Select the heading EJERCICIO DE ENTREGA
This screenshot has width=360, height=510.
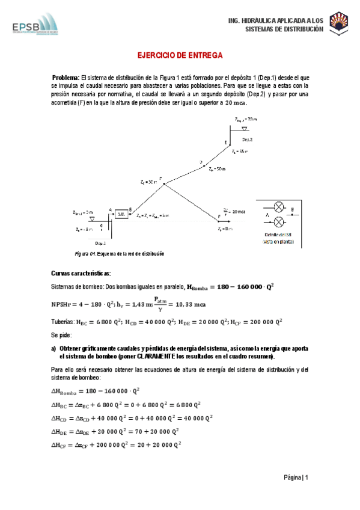180,55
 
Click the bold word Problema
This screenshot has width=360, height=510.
66,78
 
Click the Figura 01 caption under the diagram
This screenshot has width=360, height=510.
119,254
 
